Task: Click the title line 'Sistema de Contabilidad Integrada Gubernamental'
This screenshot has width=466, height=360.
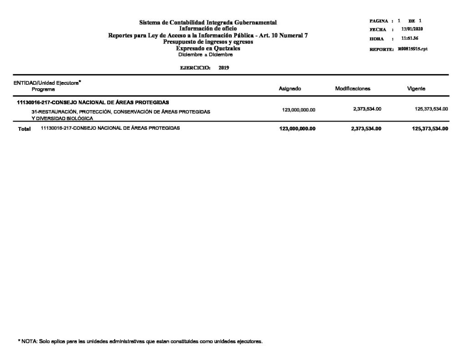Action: (x=208, y=22)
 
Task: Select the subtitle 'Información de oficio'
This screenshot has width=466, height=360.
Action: (x=208, y=29)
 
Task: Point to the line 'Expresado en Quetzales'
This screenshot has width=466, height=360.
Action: (x=208, y=48)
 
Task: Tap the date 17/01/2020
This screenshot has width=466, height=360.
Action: (x=415, y=30)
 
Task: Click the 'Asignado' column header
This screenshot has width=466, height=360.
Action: (x=290, y=89)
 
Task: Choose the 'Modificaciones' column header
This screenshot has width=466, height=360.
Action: (x=353, y=89)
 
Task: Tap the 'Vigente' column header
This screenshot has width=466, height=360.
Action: (x=416, y=89)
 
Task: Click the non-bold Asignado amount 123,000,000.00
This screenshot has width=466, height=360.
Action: (x=299, y=110)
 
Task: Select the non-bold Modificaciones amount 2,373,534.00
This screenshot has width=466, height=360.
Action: (x=367, y=109)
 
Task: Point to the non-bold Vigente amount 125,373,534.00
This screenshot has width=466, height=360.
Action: (x=430, y=109)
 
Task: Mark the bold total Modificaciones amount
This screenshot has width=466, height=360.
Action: (x=366, y=129)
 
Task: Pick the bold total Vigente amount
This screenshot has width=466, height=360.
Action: (x=430, y=129)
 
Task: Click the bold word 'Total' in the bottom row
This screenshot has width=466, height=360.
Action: (x=24, y=129)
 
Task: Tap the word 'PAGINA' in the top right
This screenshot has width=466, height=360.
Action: (x=379, y=21)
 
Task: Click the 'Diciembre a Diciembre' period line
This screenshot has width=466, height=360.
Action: (x=205, y=55)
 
